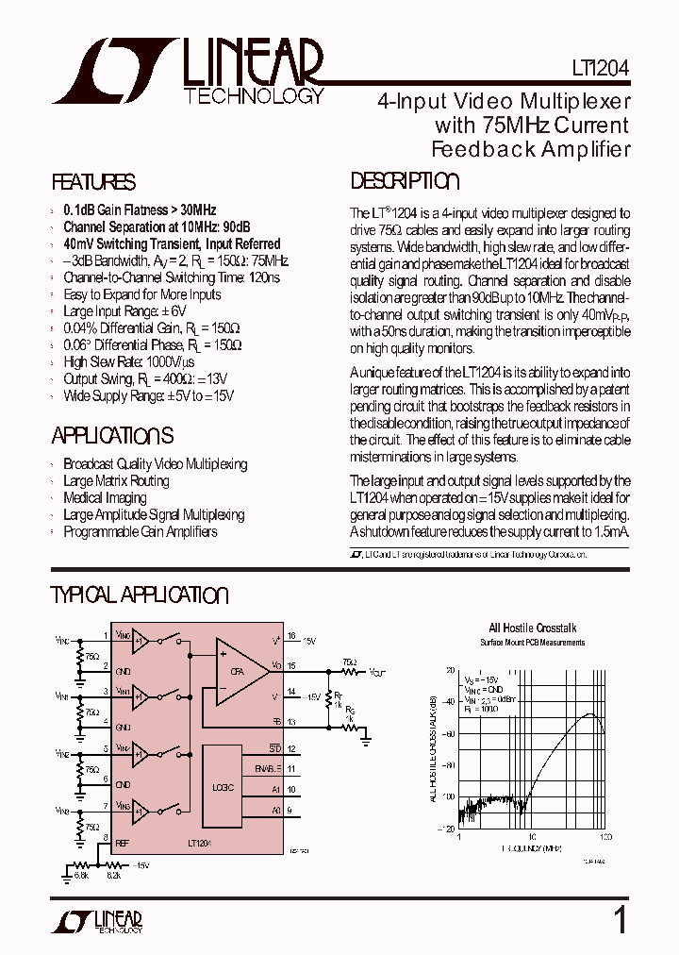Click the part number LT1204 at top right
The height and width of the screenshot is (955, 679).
coord(600,69)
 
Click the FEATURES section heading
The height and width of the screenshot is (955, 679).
coord(93,183)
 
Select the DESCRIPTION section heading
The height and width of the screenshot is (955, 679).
coord(405,182)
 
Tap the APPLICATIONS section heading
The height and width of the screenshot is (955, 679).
coord(112,436)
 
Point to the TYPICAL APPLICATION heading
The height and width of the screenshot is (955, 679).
coord(139,595)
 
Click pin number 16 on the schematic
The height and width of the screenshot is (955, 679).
coord(292,636)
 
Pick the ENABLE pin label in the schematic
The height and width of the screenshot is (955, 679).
coord(269,769)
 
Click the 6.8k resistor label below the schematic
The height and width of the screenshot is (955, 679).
coord(81,876)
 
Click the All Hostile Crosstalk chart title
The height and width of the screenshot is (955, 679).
coord(532,628)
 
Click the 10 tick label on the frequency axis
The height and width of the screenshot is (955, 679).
coord(532,837)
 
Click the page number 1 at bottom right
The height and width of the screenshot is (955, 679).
coord(620,920)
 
